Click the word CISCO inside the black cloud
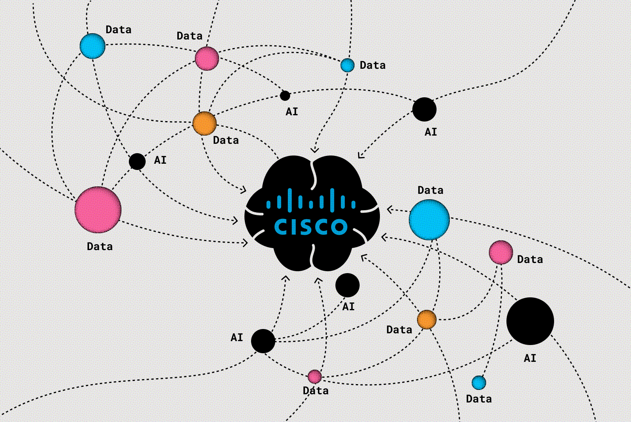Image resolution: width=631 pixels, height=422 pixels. [311, 227]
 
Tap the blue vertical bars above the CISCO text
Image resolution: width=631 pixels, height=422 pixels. [311, 200]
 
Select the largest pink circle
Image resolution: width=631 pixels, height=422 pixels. [98, 210]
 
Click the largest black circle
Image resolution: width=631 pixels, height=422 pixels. [530, 321]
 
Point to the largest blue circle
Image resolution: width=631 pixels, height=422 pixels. [429, 220]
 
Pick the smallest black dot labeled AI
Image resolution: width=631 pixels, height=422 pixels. [285, 95]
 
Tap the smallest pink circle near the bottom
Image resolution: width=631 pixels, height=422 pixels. [314, 377]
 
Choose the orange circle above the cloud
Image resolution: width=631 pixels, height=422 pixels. [204, 123]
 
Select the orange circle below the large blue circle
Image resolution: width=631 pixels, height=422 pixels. [427, 320]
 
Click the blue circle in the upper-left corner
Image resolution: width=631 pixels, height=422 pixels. [93, 46]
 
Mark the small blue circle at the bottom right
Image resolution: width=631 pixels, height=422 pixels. [479, 383]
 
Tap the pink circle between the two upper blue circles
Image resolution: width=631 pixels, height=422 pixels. [207, 59]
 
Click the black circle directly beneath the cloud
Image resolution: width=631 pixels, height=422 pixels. [347, 285]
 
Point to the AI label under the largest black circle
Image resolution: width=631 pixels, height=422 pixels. [530, 358]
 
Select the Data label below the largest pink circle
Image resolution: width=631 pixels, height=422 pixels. [100, 247]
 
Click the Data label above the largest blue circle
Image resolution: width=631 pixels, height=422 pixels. [430, 190]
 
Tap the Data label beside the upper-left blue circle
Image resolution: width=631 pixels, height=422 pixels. [118, 30]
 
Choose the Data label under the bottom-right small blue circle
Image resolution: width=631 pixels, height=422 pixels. [479, 399]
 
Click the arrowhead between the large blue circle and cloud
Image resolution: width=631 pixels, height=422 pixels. [390, 210]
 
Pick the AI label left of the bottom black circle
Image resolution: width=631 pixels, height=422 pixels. [237, 337]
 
